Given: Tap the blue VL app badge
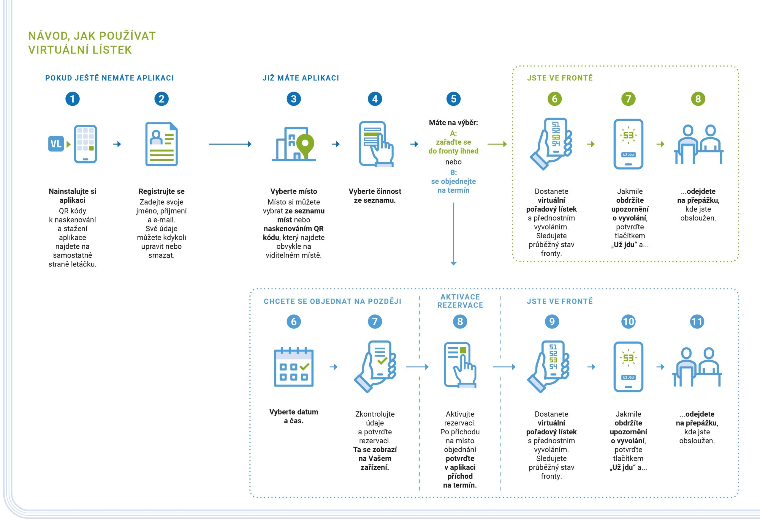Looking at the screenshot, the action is pyautogui.click(x=56, y=144).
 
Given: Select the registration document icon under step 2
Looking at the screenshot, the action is pyautogui.click(x=161, y=144).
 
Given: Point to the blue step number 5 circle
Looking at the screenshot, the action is pyautogui.click(x=453, y=99).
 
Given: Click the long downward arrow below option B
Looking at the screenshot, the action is pyautogui.click(x=453, y=234).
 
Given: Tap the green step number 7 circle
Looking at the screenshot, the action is pyautogui.click(x=628, y=99).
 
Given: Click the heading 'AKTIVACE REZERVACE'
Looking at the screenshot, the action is pyautogui.click(x=460, y=301).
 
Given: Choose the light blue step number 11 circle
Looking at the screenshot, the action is pyautogui.click(x=697, y=322).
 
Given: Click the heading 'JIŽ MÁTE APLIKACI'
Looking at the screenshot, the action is pyautogui.click(x=301, y=78).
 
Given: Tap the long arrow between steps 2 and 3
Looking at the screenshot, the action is pyautogui.click(x=230, y=144).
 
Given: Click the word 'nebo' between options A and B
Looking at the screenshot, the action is pyautogui.click(x=453, y=162).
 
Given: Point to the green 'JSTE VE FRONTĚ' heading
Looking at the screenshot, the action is pyautogui.click(x=560, y=78).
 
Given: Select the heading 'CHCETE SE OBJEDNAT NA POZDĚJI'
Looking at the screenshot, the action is pyautogui.click(x=332, y=302).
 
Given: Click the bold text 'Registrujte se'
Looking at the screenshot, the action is pyautogui.click(x=161, y=191).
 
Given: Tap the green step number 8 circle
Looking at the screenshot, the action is pyautogui.click(x=698, y=99).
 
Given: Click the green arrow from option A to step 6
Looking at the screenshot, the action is pyautogui.click(x=497, y=144).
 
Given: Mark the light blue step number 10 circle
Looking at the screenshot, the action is pyautogui.click(x=628, y=322).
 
